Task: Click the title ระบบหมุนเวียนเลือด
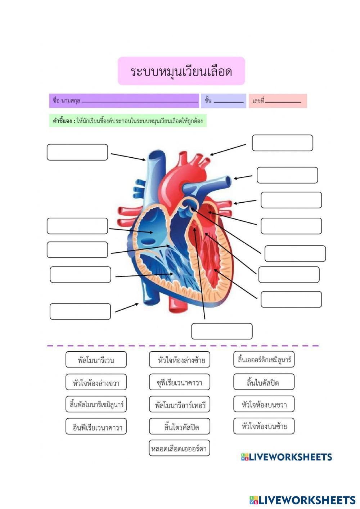(181, 71)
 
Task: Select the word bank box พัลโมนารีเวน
(96, 360)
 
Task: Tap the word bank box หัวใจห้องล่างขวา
(96, 382)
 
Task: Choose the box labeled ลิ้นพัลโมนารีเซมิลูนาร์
(96, 404)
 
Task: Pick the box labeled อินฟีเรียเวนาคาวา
(96, 427)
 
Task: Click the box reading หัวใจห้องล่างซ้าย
(180, 360)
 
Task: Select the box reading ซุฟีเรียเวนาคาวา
(180, 382)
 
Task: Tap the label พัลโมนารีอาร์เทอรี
(180, 405)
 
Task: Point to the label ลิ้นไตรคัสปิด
(180, 427)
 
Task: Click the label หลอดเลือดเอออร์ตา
(180, 449)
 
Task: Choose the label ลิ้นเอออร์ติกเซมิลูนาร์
(264, 359)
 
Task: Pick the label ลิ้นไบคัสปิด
(264, 382)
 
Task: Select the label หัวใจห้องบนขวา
(264, 404)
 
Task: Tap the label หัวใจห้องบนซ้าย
(264, 426)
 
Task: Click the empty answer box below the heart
(222, 331)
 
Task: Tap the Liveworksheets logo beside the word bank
(287, 457)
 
